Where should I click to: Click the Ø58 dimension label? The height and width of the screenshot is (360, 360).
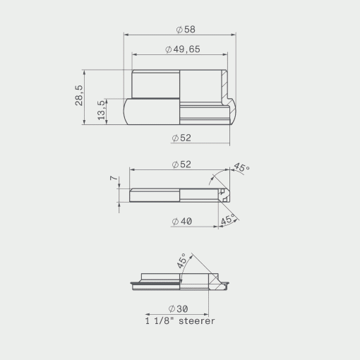point(186,30)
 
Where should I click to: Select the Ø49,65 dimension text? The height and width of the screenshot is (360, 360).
point(183,49)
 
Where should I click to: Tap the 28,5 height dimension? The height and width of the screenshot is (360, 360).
point(79,95)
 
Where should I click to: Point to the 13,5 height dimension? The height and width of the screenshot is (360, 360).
point(101,110)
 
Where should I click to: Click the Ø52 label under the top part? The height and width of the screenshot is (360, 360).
point(181,138)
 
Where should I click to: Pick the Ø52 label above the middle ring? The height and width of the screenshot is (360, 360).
point(181,164)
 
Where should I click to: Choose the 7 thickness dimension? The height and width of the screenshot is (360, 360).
point(114,178)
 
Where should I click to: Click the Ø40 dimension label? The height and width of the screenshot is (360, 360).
point(182,222)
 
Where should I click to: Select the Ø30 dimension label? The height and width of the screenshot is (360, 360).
point(178,308)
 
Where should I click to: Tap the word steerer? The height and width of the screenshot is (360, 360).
point(197,321)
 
